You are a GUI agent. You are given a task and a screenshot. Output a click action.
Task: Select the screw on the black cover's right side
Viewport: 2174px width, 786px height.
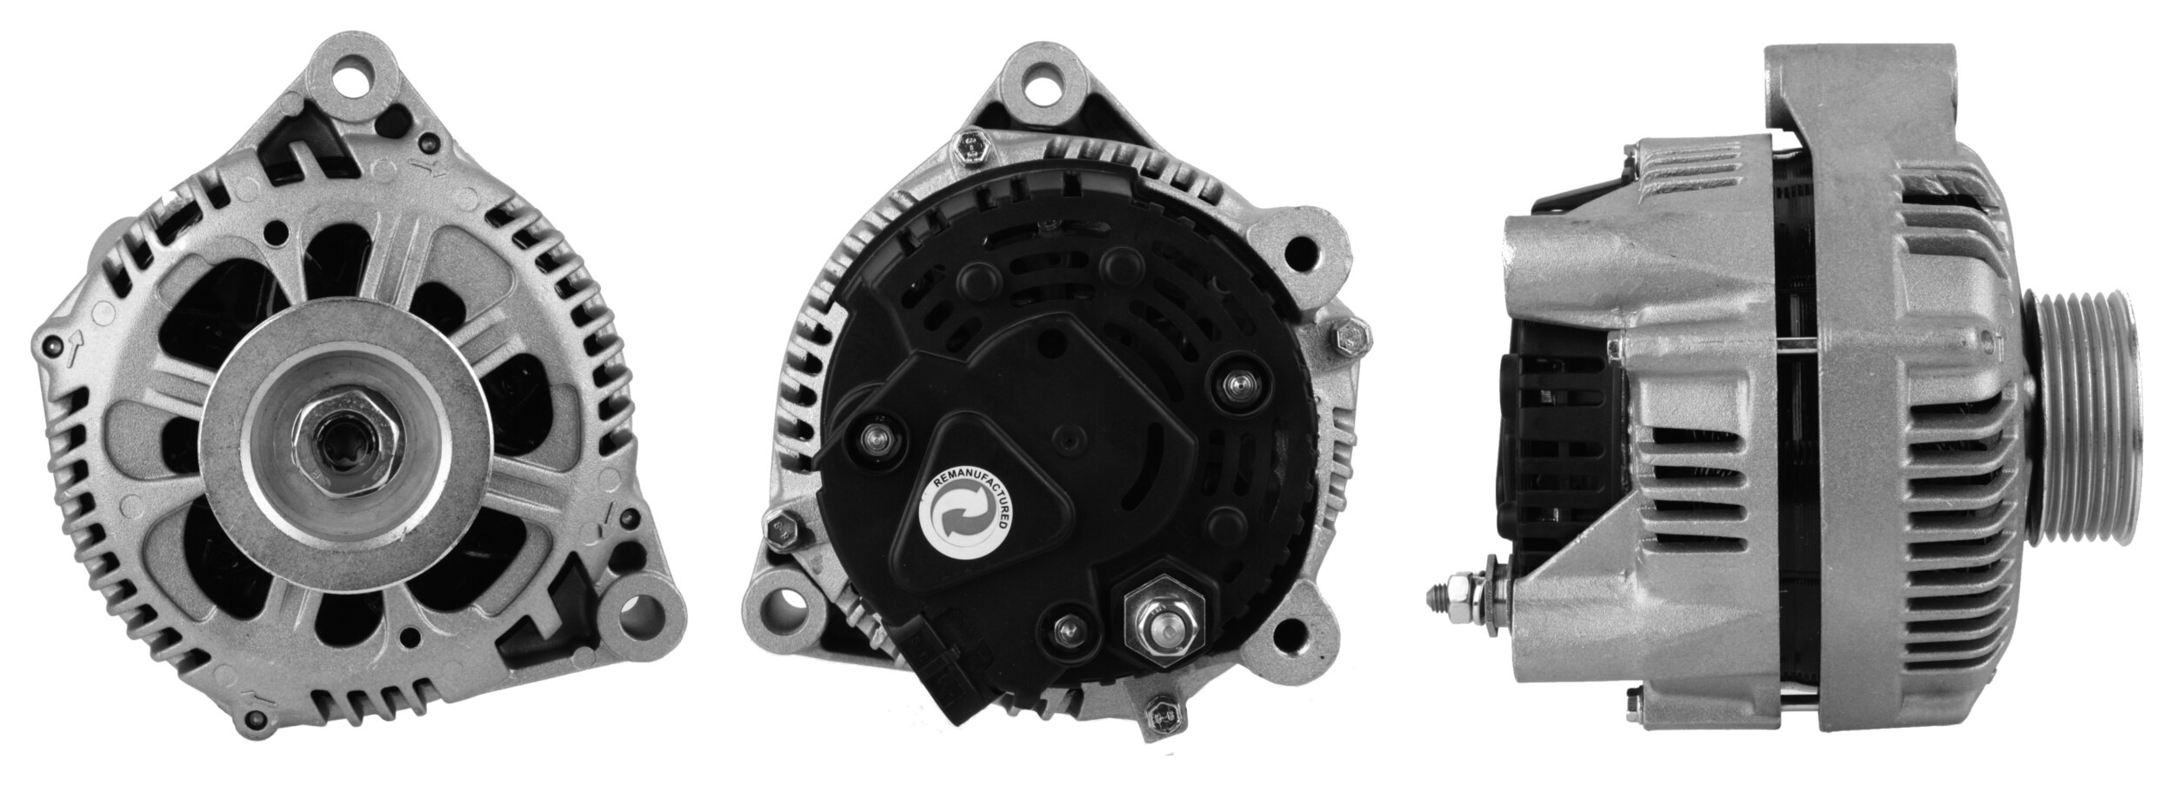pos(1238,383)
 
